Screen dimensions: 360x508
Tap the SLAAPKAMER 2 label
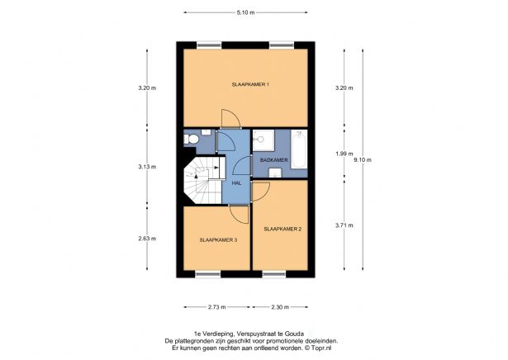(x=282, y=227)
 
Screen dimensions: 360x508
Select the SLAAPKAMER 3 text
(x=218, y=240)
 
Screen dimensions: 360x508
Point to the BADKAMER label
(x=273, y=159)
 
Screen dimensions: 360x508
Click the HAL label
(x=236, y=182)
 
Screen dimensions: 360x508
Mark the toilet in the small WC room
(x=190, y=139)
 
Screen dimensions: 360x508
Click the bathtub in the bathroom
(x=297, y=149)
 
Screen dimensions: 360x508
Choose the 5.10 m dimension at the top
(x=245, y=12)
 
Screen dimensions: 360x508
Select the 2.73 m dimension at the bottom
(x=217, y=307)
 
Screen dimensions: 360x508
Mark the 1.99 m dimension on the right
(x=343, y=154)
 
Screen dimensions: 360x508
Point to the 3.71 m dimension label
(x=343, y=225)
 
